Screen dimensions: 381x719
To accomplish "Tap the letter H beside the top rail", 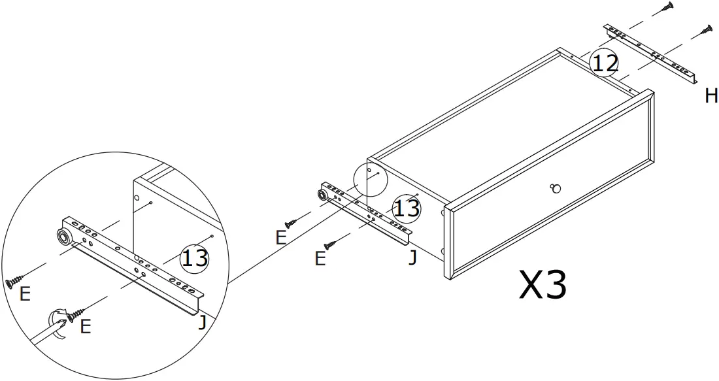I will click(x=711, y=97).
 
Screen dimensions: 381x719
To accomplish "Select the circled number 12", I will click(x=604, y=63).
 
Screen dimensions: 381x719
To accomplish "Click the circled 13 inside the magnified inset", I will click(x=194, y=257).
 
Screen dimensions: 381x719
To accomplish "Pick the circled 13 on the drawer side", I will click(x=406, y=208).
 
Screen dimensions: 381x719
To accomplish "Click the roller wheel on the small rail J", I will click(x=323, y=195).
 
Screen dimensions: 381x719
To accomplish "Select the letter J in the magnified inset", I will click(x=203, y=321).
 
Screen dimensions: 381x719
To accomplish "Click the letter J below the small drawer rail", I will click(x=412, y=257).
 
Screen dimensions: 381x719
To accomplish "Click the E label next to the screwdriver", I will click(x=85, y=326).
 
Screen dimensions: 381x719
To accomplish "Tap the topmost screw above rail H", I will click(x=666, y=7).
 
